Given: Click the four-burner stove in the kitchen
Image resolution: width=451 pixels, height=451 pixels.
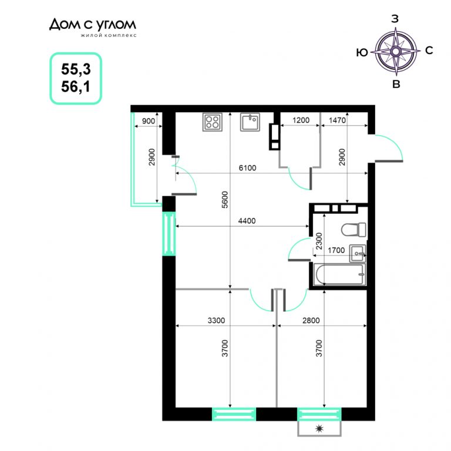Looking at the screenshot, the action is [x=212, y=122].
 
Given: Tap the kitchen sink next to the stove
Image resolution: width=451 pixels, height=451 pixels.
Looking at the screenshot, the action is [x=250, y=122].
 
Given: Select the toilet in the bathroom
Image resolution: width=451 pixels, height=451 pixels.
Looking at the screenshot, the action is [x=354, y=230].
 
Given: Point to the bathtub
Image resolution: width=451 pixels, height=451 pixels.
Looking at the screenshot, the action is [x=339, y=274].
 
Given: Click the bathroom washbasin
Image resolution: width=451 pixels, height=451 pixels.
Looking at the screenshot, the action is [x=358, y=254].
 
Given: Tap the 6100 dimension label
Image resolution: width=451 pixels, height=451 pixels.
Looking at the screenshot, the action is [x=247, y=168].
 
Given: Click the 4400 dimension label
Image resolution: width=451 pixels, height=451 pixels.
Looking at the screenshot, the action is [x=247, y=221].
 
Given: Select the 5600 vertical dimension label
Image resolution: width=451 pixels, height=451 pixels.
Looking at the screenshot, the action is [x=225, y=200].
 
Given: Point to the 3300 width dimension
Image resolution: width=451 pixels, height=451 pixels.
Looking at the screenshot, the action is [x=216, y=321].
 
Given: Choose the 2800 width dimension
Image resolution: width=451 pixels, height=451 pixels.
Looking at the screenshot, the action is [x=311, y=321].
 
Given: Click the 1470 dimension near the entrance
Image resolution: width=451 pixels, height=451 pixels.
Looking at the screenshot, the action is [x=337, y=120].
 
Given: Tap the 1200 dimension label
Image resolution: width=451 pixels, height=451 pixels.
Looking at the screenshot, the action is [x=301, y=120].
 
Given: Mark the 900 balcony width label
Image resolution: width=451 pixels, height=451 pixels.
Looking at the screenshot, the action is [x=149, y=121].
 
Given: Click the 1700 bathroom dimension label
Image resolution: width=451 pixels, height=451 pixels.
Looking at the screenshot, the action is [x=336, y=250].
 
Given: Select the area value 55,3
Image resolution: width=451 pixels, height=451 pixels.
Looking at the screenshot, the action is [x=76, y=69].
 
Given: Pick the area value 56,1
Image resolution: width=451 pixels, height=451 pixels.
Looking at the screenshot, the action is [x=76, y=86].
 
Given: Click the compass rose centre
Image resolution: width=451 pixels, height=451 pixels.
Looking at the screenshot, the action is [x=395, y=52].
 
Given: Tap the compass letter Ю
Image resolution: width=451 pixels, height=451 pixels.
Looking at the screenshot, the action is [x=362, y=53].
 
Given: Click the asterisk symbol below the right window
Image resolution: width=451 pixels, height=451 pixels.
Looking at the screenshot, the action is [x=319, y=429].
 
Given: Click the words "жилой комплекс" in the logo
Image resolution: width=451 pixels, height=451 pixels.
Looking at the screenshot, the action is [x=109, y=35].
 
